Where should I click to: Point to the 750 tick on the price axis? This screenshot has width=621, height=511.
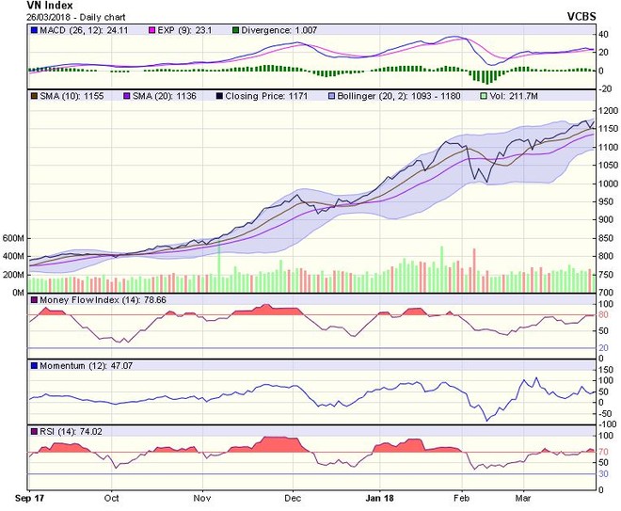tap(608, 274)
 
